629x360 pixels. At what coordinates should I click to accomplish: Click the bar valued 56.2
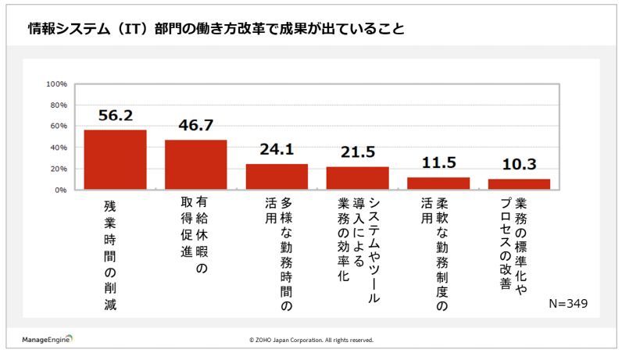[115, 160]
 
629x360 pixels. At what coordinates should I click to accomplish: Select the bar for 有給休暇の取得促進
[195, 165]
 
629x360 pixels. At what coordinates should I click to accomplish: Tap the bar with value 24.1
[277, 177]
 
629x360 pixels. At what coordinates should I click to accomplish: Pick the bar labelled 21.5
[357, 178]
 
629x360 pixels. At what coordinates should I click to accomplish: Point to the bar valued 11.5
[438, 184]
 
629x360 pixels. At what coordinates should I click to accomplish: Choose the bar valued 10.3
[519, 184]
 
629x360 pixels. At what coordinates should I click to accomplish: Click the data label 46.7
[195, 125]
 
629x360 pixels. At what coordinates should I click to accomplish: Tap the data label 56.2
[115, 115]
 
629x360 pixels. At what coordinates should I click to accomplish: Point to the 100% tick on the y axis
[58, 84]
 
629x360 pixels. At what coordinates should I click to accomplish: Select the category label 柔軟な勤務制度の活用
[433, 250]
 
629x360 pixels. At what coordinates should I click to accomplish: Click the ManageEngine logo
[46, 340]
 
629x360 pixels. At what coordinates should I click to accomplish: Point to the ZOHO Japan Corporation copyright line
[311, 340]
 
